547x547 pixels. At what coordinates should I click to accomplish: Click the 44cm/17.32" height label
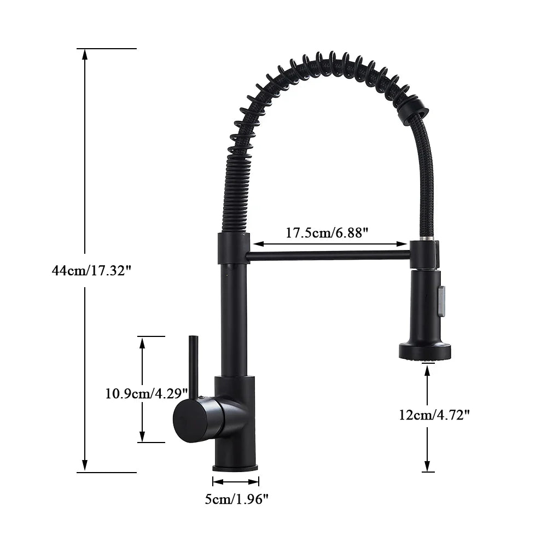pyautogui.click(x=92, y=270)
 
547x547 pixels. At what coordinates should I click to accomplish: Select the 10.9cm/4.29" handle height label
pyautogui.click(x=147, y=393)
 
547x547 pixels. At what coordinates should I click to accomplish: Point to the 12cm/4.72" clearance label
pyautogui.click(x=434, y=415)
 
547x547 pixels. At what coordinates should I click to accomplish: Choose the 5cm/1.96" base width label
pyautogui.click(x=236, y=498)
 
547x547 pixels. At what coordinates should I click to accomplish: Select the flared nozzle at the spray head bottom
pyautogui.click(x=426, y=351)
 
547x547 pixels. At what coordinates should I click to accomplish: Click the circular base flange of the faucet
pyautogui.click(x=235, y=467)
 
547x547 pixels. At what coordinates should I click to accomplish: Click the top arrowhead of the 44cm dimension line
pyautogui.click(x=84, y=54)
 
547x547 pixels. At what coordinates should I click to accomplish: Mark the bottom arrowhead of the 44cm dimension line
pyautogui.click(x=84, y=467)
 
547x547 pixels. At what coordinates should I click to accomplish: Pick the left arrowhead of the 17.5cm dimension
pyautogui.click(x=256, y=244)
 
